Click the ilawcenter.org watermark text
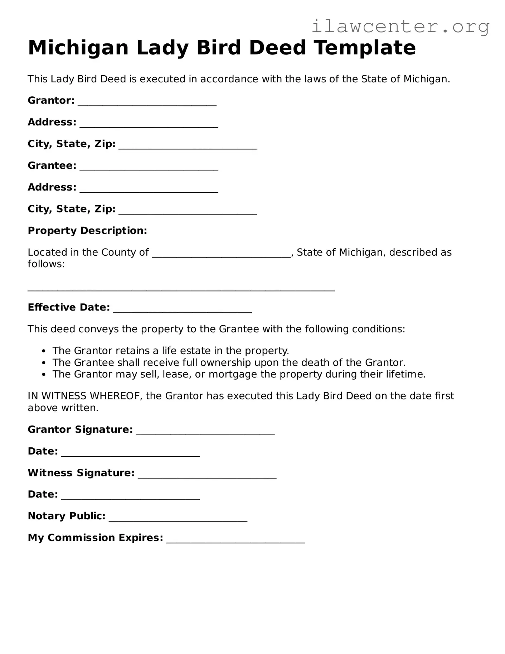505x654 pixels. click(x=400, y=26)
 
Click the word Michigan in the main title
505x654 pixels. click(x=78, y=48)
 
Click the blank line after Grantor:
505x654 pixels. click(x=147, y=102)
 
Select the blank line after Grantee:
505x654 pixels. click(x=149, y=167)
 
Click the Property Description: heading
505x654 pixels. click(x=87, y=231)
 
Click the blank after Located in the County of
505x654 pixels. click(x=221, y=254)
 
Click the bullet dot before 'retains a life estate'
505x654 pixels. click(x=44, y=351)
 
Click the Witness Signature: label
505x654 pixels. click(x=81, y=473)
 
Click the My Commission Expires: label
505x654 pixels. click(x=95, y=538)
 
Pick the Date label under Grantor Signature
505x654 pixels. click(x=43, y=451)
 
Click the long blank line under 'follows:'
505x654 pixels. click(x=181, y=289)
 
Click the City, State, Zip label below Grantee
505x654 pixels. click(x=72, y=209)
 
